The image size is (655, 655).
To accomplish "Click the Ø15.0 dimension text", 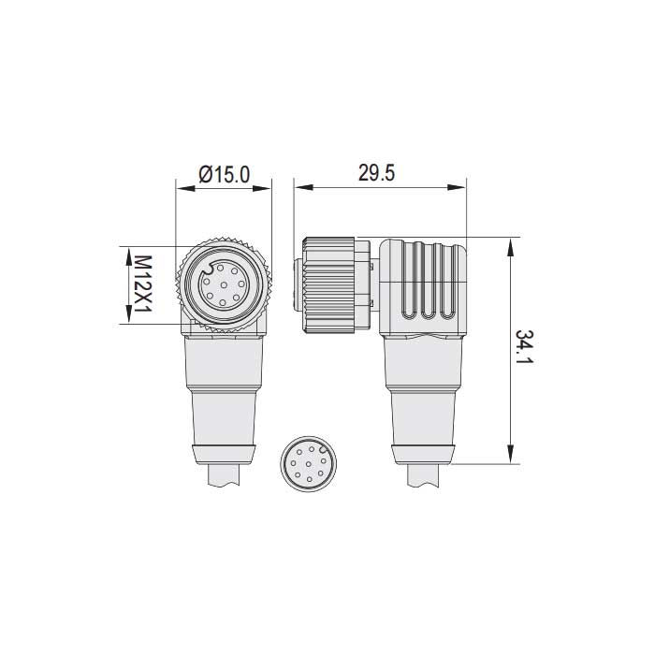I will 225,173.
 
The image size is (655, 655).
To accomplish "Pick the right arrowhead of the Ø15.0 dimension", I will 267,189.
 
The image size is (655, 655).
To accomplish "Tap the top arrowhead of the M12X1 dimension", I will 125,252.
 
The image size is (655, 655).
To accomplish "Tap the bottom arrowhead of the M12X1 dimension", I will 125,317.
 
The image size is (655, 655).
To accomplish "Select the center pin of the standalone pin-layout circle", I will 308,463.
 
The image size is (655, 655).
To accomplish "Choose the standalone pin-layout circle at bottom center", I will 308,463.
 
